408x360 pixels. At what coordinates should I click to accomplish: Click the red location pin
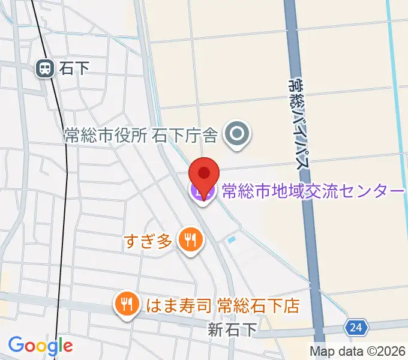204,174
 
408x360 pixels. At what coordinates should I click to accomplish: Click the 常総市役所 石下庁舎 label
140,136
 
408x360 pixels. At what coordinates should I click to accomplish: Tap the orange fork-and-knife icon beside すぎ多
191,241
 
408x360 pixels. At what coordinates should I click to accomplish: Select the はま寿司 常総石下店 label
223,305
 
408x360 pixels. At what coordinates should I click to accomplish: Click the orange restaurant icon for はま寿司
127,305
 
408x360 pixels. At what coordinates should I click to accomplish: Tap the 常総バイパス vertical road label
299,120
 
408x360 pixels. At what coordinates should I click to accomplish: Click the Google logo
40,346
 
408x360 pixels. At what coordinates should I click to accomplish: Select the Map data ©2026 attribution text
358,351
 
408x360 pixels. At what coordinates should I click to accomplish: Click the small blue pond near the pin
232,239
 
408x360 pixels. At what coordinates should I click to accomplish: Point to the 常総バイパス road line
307,240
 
